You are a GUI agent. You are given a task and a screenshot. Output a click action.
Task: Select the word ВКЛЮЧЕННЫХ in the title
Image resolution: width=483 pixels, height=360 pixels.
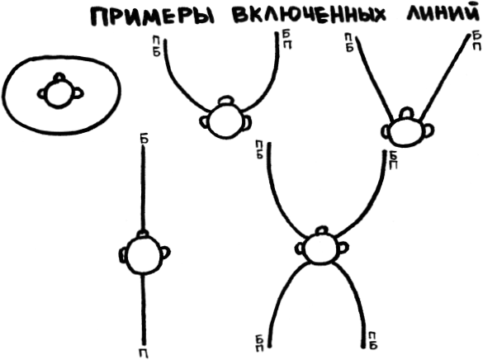[309, 16]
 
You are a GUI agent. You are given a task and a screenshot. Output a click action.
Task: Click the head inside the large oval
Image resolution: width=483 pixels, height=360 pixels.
[58, 94]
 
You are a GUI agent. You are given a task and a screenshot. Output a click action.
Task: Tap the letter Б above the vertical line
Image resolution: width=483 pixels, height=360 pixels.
[144, 140]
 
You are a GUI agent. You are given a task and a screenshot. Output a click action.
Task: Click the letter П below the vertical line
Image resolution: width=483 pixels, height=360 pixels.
[144, 353]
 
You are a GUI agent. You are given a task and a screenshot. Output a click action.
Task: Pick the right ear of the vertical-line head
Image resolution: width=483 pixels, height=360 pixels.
[165, 253]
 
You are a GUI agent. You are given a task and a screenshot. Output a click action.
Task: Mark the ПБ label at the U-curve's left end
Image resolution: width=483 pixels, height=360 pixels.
[157, 46]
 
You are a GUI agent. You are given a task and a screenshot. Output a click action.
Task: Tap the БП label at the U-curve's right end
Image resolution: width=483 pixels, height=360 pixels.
[287, 40]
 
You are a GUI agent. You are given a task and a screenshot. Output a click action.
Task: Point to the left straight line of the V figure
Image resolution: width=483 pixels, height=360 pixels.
[374, 78]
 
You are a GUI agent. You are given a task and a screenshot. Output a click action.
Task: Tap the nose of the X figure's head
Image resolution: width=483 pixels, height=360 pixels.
[321, 230]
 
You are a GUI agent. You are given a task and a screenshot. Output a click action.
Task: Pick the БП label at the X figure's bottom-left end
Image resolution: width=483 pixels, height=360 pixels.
[259, 343]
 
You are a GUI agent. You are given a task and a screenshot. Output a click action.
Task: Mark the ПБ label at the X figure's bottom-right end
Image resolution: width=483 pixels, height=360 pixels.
[372, 341]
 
